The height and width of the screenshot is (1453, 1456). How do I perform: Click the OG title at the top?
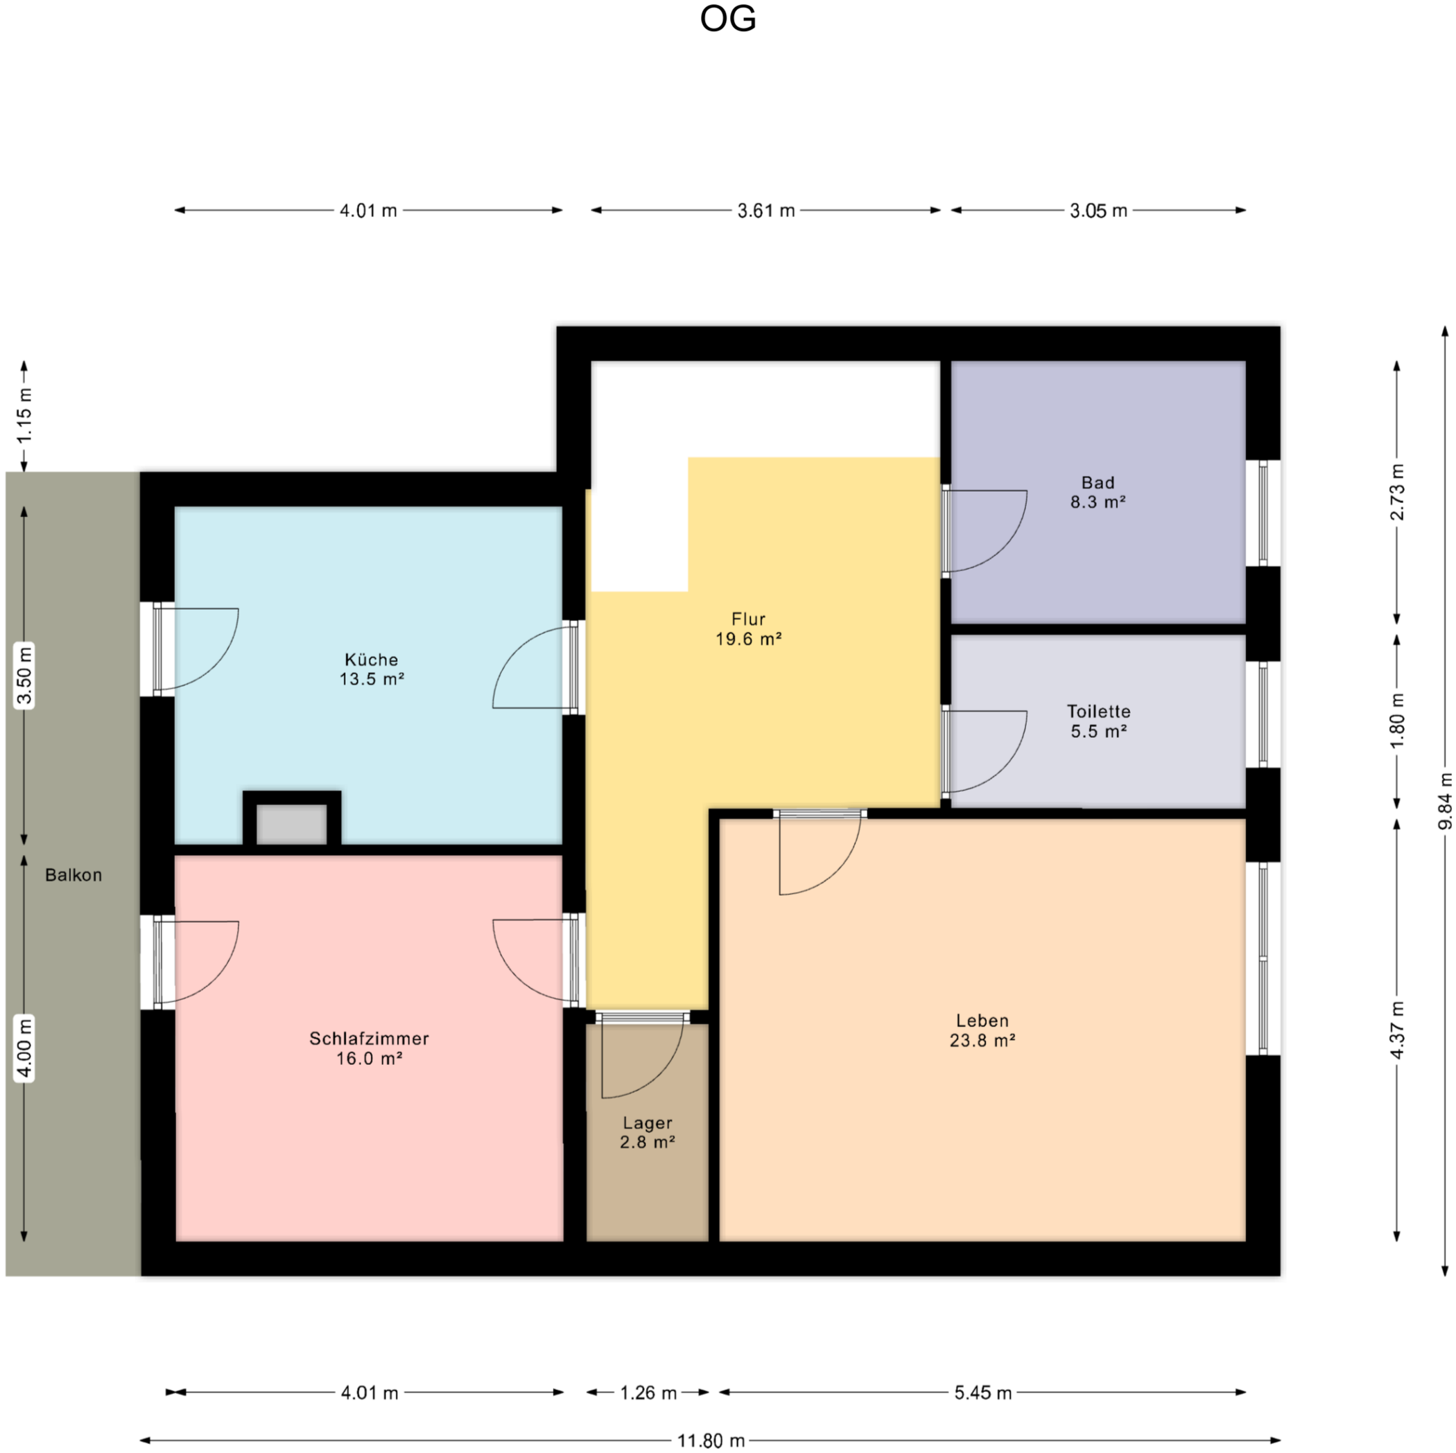click(727, 19)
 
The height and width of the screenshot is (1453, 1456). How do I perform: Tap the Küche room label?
click(372, 659)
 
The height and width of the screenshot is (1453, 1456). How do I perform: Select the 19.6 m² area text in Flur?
click(748, 640)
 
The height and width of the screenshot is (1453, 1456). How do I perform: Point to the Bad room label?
click(1098, 482)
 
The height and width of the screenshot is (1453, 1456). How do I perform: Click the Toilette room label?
click(1099, 711)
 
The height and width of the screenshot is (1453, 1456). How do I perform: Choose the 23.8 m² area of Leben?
click(982, 1040)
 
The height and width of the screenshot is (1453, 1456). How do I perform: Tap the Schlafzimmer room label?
click(370, 1038)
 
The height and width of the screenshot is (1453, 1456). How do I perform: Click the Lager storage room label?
click(648, 1123)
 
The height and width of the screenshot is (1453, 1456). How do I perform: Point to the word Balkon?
click(73, 874)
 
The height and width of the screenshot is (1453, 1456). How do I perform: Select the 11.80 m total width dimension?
click(711, 1441)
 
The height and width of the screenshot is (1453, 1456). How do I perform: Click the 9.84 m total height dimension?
click(1445, 802)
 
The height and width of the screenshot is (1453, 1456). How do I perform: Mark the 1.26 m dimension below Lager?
click(648, 1393)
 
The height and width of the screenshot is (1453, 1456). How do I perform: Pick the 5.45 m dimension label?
click(982, 1393)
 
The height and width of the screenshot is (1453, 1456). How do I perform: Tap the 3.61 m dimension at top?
click(765, 211)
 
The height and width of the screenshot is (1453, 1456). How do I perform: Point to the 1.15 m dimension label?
click(24, 414)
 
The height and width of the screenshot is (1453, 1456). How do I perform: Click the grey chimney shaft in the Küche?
click(292, 824)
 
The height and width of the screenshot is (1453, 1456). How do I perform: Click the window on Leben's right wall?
click(1263, 958)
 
